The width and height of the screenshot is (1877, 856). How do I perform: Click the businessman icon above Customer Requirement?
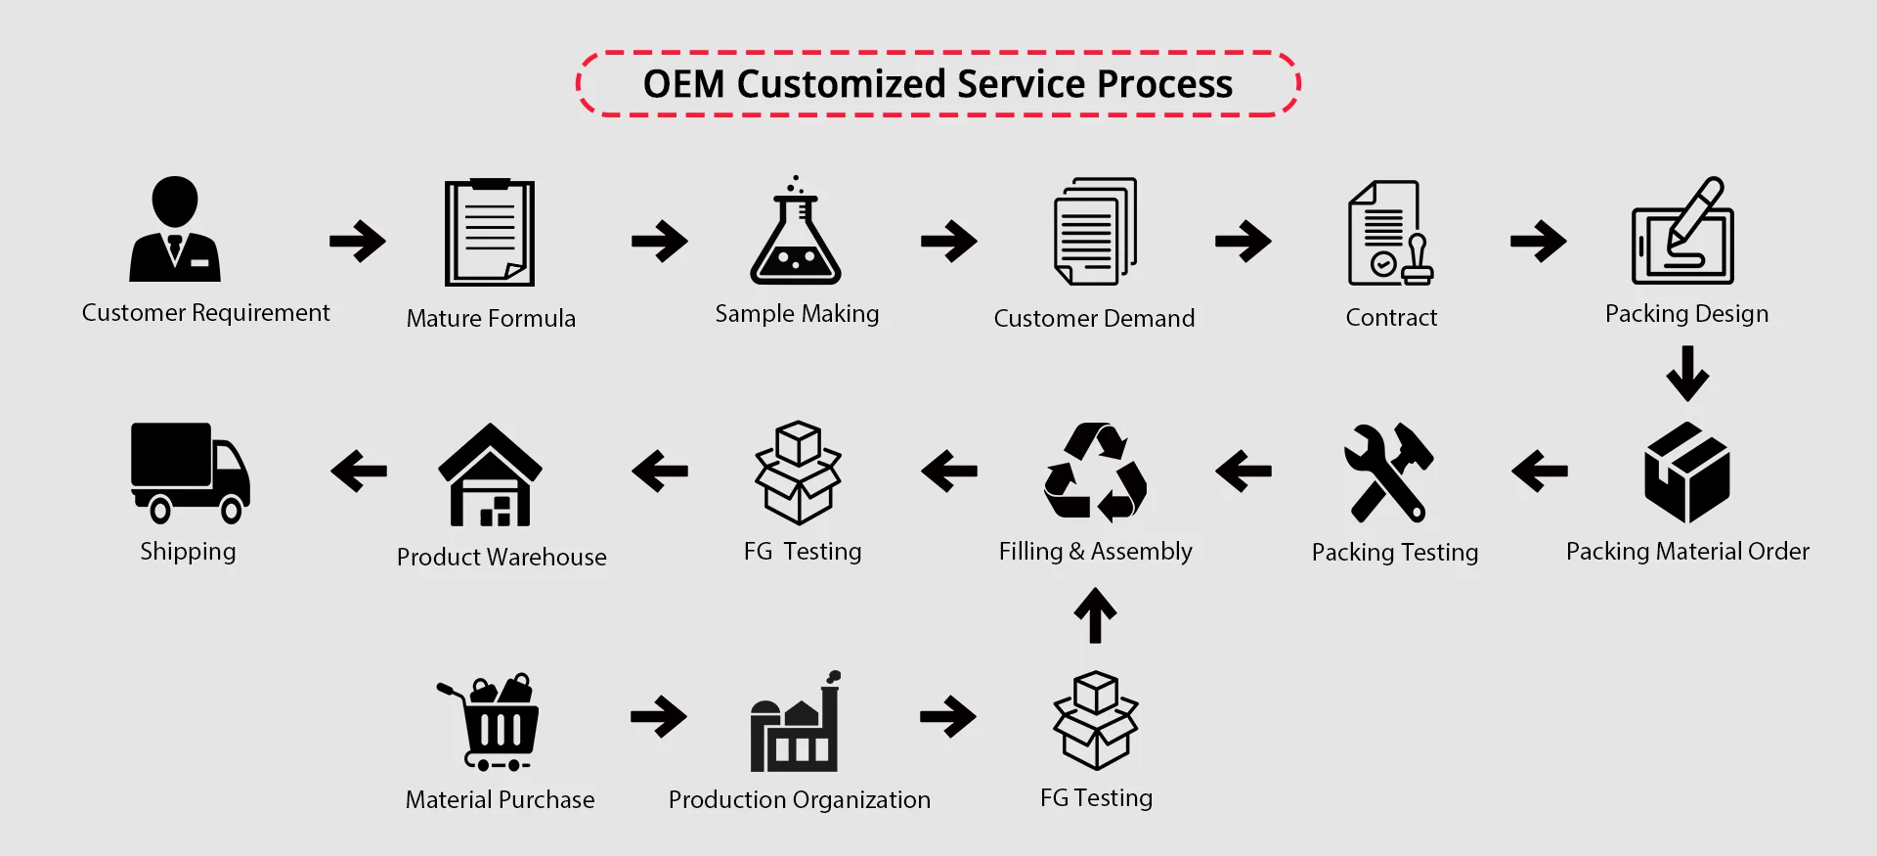click(x=175, y=230)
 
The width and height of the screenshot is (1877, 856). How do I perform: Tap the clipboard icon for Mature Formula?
click(x=490, y=233)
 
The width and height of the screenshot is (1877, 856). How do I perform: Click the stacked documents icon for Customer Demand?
click(x=1095, y=232)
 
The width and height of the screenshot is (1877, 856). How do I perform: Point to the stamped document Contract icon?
click(x=1389, y=234)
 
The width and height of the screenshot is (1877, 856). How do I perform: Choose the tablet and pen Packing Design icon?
click(x=1682, y=232)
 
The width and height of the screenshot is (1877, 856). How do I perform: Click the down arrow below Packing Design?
click(x=1687, y=374)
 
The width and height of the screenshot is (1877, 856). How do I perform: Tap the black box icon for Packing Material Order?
click(x=1687, y=473)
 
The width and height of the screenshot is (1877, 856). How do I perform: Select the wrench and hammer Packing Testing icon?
click(x=1388, y=472)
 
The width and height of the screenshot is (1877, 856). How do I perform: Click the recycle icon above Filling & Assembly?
click(x=1095, y=472)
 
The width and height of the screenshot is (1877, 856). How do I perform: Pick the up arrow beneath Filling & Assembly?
click(x=1095, y=615)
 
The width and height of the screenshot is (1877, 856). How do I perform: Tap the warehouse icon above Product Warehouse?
click(x=490, y=475)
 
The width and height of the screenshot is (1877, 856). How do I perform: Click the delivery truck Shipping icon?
click(x=190, y=473)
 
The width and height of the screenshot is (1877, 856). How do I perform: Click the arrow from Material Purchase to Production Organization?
click(x=659, y=716)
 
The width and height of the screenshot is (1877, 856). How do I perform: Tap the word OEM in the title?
click(x=683, y=84)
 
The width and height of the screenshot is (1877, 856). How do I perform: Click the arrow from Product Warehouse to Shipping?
click(x=359, y=471)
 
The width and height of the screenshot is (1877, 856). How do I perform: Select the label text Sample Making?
click(x=797, y=314)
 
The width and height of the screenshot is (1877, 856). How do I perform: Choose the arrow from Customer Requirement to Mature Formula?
click(x=358, y=241)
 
